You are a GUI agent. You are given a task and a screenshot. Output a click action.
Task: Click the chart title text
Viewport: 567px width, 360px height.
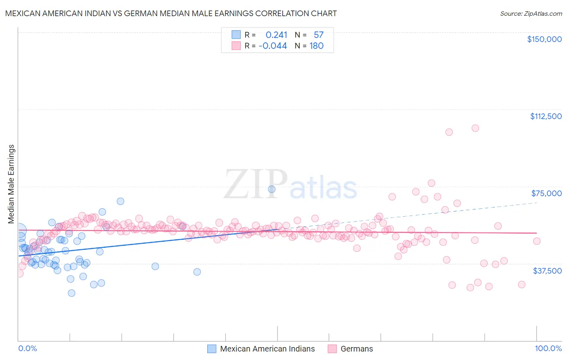(171, 13)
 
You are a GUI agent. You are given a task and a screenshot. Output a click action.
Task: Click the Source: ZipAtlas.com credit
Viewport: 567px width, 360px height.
(531, 13)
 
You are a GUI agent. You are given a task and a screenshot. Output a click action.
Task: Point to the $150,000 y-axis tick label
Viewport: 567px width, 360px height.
(544, 39)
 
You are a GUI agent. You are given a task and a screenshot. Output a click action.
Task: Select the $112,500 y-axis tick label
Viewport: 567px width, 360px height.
(545, 116)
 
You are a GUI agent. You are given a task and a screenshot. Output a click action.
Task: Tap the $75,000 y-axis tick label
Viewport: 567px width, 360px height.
(546, 193)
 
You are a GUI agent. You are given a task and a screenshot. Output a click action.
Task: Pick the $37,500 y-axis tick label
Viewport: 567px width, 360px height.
(547, 271)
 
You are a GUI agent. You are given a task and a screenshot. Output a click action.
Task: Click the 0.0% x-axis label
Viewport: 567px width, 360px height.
(27, 348)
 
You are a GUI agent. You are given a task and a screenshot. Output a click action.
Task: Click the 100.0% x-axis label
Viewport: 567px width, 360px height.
(548, 348)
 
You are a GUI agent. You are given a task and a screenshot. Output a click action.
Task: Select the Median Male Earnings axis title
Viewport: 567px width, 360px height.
(11, 184)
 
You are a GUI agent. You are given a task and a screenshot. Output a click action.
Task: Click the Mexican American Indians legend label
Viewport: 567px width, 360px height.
(267, 349)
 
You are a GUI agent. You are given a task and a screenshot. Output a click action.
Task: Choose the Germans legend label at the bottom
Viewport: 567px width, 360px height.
(356, 349)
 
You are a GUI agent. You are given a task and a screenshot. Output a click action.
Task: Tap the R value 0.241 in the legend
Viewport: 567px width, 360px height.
(276, 35)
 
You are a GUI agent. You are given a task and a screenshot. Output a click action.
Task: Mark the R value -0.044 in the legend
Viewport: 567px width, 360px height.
(273, 46)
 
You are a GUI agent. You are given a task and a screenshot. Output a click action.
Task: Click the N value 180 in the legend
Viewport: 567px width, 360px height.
(316, 46)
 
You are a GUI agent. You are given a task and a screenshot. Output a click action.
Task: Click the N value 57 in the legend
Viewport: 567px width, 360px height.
(318, 35)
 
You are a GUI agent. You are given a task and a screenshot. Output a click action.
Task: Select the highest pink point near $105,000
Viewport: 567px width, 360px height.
(475, 128)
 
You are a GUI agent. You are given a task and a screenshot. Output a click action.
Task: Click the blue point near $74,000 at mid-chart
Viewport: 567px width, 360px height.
(272, 189)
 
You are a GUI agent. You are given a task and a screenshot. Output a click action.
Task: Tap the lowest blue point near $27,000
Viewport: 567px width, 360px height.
(71, 293)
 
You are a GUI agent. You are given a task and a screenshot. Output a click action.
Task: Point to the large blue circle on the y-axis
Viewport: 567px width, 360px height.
(19, 230)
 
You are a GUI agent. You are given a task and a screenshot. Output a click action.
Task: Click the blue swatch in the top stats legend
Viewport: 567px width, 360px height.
(236, 35)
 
